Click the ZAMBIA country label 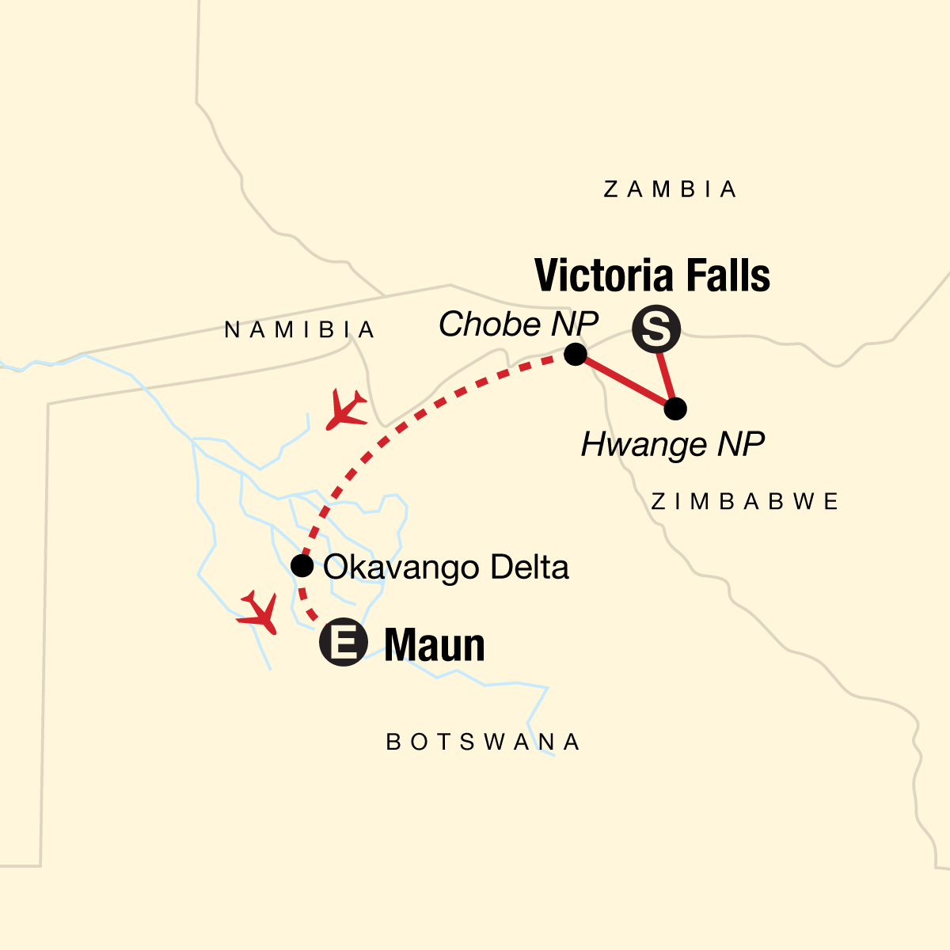click(670, 189)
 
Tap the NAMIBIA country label click(300, 329)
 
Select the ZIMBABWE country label click(744, 501)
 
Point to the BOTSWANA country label click(484, 742)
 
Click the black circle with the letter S click(656, 330)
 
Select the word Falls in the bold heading click(728, 275)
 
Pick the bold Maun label click(435, 645)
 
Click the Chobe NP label click(519, 324)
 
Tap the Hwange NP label click(672, 445)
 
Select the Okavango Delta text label click(446, 568)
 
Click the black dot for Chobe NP click(576, 354)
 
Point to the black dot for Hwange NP click(674, 409)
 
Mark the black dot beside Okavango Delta click(302, 565)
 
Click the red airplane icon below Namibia click(346, 409)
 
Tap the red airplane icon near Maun click(258, 612)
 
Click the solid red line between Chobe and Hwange click(625, 382)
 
